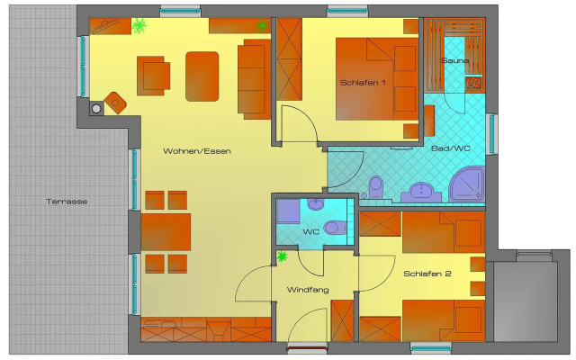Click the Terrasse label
tap(67, 202)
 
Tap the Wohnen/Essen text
tap(197, 151)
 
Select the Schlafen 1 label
tap(363, 83)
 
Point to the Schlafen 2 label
tap(427, 274)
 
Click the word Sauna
tap(454, 60)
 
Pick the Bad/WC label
tap(451, 148)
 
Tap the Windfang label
tap(308, 290)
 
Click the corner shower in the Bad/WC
tap(467, 184)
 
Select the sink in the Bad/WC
tap(421, 192)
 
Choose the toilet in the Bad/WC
tap(375, 187)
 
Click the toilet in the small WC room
tap(335, 228)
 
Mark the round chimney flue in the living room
tap(96, 109)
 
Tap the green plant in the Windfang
tap(282, 256)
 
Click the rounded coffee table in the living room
tap(202, 76)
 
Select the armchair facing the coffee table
tap(153, 76)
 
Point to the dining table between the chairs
tap(166, 232)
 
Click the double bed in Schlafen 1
tap(377, 79)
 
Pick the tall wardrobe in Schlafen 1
tap(290, 59)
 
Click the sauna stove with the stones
tap(473, 83)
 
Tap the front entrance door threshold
tap(307, 347)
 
